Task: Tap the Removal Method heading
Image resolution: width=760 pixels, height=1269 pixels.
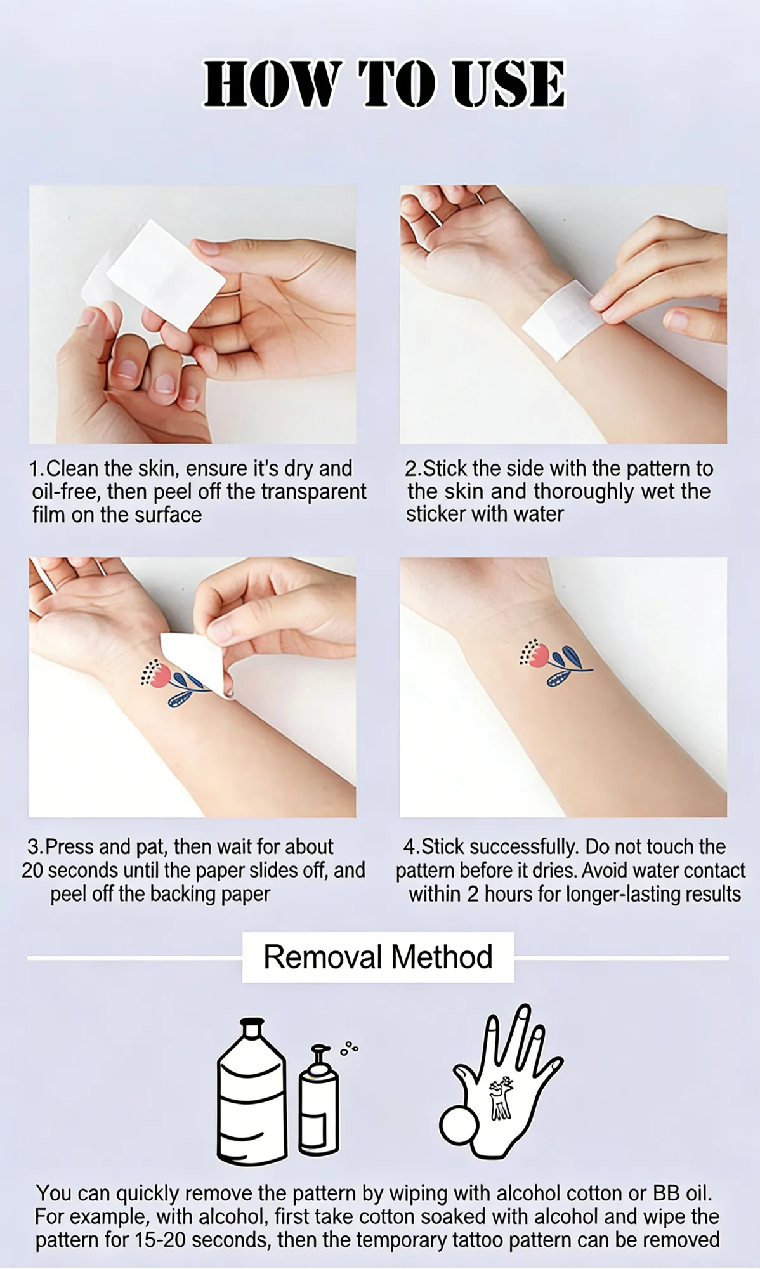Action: pyautogui.click(x=378, y=957)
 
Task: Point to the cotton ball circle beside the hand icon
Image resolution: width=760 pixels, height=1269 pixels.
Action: pyautogui.click(x=459, y=1125)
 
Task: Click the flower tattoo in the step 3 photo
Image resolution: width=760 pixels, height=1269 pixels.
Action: pyautogui.click(x=173, y=683)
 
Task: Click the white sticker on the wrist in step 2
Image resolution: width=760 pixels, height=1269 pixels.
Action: pyautogui.click(x=563, y=320)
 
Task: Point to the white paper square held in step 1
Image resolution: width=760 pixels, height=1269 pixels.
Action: pyautogui.click(x=166, y=275)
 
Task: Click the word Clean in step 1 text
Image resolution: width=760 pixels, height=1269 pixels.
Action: pyautogui.click(x=72, y=468)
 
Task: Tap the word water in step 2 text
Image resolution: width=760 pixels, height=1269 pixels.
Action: pyautogui.click(x=538, y=514)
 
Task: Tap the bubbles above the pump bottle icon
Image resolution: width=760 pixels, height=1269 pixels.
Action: pyautogui.click(x=349, y=1048)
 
